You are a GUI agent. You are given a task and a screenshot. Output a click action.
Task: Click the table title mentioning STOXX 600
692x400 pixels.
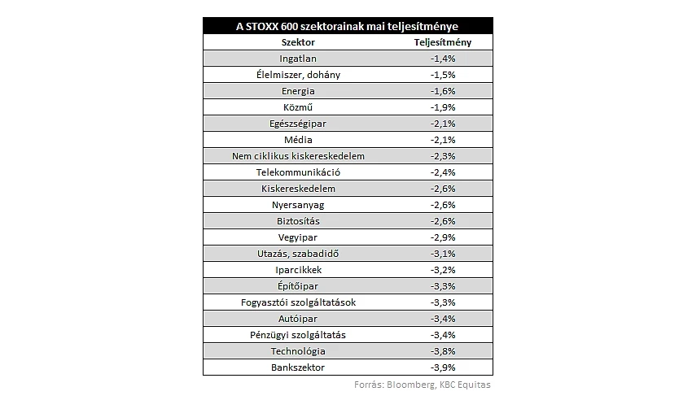pyautogui.click(x=347, y=27)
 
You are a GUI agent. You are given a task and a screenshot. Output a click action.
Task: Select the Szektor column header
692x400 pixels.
pyautogui.click(x=298, y=42)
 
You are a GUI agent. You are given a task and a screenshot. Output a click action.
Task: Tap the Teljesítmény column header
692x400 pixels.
pyautogui.click(x=443, y=42)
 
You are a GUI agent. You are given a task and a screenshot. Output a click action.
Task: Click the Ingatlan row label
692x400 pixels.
pyautogui.click(x=298, y=59)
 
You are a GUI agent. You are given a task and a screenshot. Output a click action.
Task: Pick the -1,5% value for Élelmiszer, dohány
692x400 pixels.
pyautogui.click(x=443, y=75)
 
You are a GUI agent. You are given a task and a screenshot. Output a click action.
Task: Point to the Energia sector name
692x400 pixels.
pyautogui.click(x=298, y=91)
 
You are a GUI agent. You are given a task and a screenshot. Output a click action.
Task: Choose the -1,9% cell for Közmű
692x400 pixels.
pyautogui.click(x=443, y=107)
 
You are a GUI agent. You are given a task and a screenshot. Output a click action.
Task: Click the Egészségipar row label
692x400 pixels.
pyautogui.click(x=298, y=124)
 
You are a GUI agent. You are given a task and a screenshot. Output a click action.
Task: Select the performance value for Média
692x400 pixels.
pyautogui.click(x=443, y=140)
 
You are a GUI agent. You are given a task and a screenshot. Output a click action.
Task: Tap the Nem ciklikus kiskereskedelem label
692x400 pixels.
pyautogui.click(x=298, y=156)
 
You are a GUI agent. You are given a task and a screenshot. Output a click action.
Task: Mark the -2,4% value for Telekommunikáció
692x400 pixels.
pyautogui.click(x=443, y=172)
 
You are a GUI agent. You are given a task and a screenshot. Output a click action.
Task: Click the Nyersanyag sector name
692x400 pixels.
pyautogui.click(x=298, y=206)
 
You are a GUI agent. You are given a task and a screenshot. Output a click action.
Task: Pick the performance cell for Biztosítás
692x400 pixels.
pyautogui.click(x=443, y=221)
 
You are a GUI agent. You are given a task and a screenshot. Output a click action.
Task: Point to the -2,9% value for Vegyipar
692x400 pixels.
pyautogui.click(x=443, y=237)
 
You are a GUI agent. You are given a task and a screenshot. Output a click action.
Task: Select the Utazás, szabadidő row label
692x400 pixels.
pyautogui.click(x=298, y=254)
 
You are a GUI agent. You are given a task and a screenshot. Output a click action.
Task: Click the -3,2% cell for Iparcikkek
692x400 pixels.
pyautogui.click(x=443, y=270)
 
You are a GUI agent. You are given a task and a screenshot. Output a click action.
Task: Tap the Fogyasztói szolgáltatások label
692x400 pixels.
pyautogui.click(x=298, y=302)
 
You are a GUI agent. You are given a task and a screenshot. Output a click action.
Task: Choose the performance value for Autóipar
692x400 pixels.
pyautogui.click(x=443, y=319)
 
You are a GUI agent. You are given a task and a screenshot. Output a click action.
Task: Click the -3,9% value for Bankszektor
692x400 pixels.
pyautogui.click(x=443, y=367)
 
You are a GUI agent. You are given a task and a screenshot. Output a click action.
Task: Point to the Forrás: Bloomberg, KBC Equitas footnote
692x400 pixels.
pyautogui.click(x=423, y=385)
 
